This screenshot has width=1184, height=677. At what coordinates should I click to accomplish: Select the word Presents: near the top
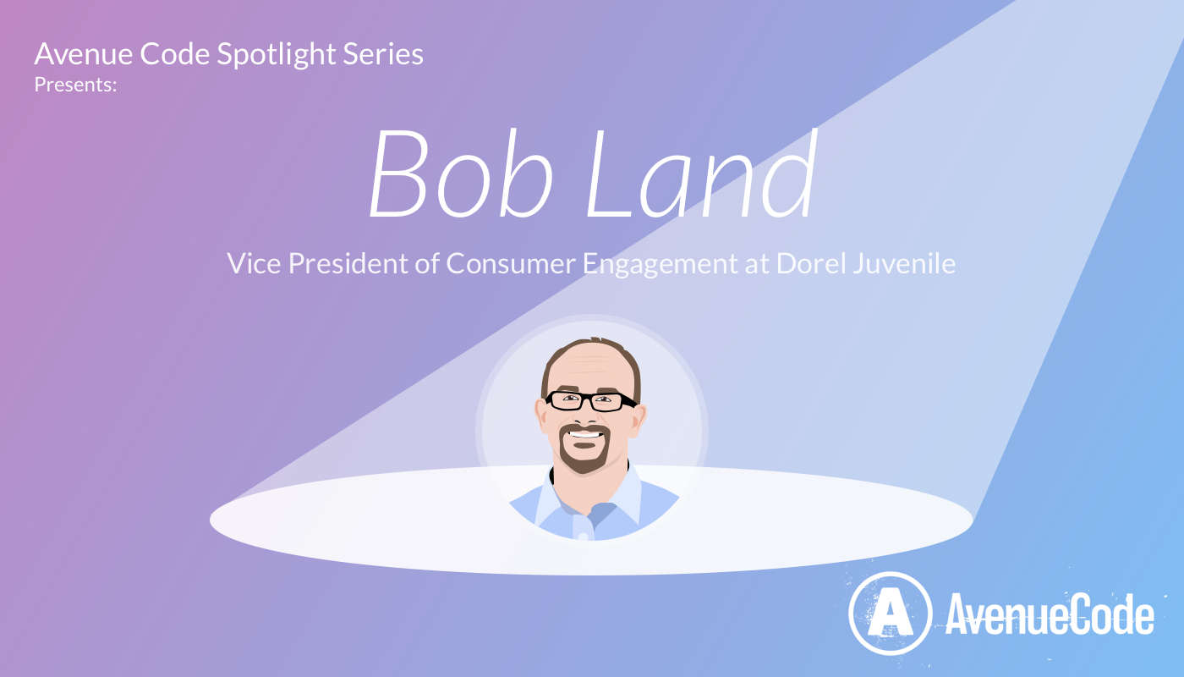coord(75,84)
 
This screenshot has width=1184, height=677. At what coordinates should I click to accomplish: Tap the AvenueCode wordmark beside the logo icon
coord(1049,615)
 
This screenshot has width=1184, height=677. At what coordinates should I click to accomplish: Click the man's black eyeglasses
coord(590,401)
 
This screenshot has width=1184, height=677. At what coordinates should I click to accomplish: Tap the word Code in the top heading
coord(174,55)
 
